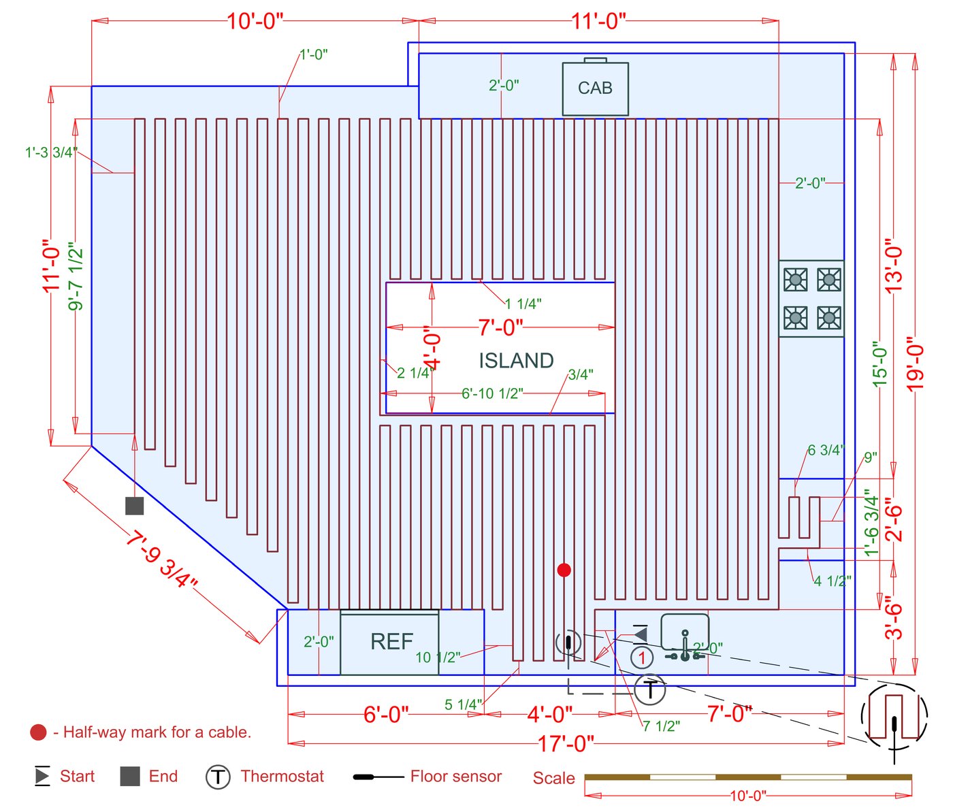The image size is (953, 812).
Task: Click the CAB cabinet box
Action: coord(595,88)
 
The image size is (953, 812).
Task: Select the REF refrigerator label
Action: coord(391,641)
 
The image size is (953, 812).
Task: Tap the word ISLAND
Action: coord(516,361)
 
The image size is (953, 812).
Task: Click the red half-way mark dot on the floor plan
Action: coord(564,570)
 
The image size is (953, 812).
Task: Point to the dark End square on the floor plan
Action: coord(135,506)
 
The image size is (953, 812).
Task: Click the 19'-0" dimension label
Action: coord(916,368)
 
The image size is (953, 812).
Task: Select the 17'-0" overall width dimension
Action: coord(566,743)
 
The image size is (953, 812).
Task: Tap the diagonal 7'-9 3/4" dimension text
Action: coord(161,559)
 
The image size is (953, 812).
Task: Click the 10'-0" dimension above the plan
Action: coord(255,21)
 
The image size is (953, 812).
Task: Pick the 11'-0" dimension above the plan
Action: coord(598,21)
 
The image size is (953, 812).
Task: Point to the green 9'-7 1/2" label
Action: coord(76,276)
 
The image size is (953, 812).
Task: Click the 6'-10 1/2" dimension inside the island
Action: coord(492,393)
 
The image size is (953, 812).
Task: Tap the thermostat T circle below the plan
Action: coord(650,689)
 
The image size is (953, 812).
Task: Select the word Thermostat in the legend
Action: coord(282,776)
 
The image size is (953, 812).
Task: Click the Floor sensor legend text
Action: coord(456,776)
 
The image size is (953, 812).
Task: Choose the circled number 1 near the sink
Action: coord(641,657)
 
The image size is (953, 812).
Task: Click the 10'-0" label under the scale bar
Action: coord(748,796)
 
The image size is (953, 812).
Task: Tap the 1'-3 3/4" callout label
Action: coord(51,152)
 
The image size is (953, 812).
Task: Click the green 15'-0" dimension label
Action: coord(879,364)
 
